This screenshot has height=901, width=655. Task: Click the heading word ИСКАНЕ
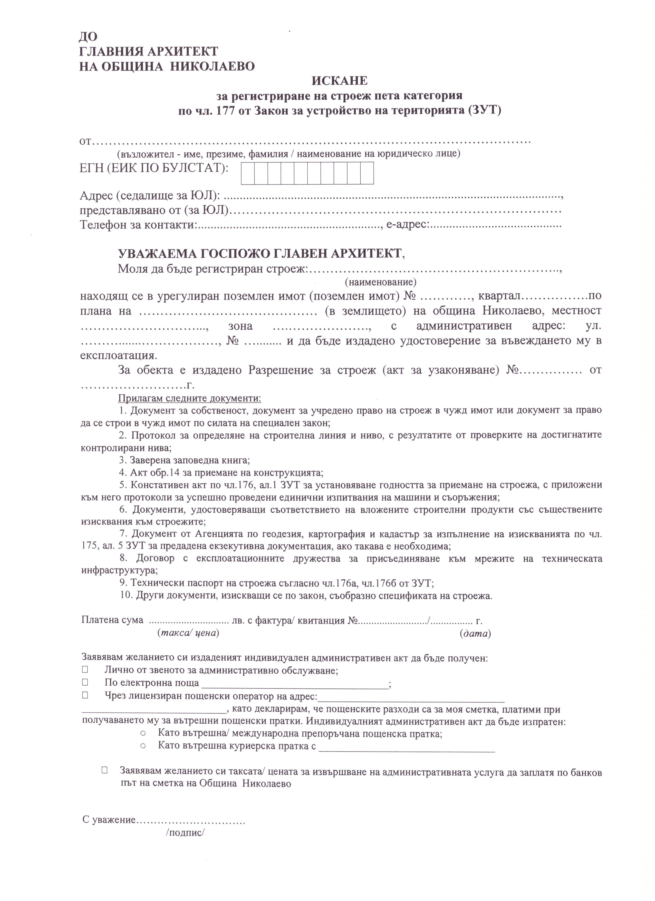[x=340, y=81]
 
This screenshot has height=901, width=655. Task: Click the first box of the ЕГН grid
[x=248, y=173]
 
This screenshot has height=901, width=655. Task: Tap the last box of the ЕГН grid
[x=367, y=173]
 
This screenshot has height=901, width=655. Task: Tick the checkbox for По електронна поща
[x=85, y=683]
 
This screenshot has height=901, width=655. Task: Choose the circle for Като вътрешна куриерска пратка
[x=143, y=746]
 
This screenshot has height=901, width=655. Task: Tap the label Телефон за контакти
[x=138, y=225]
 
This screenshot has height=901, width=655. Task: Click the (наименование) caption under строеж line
[x=381, y=282]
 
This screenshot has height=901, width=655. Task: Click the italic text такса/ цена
[x=188, y=633]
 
